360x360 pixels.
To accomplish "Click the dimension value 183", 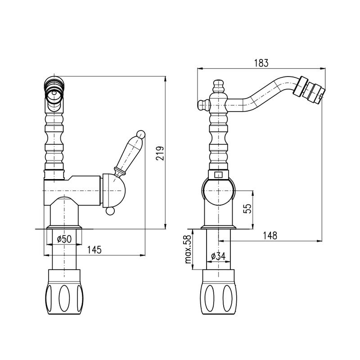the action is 261,63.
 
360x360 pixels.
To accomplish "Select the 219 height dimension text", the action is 160,153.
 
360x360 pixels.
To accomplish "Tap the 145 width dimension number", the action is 94,250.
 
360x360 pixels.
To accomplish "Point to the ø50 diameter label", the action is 64,239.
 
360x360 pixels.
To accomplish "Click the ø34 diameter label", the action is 218,256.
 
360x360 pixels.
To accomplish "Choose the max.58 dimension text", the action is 188,249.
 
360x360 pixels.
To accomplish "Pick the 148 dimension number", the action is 270,235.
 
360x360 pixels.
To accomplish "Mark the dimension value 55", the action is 247,208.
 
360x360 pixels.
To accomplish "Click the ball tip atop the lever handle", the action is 141,134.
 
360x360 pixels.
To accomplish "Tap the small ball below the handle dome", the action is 110,211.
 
